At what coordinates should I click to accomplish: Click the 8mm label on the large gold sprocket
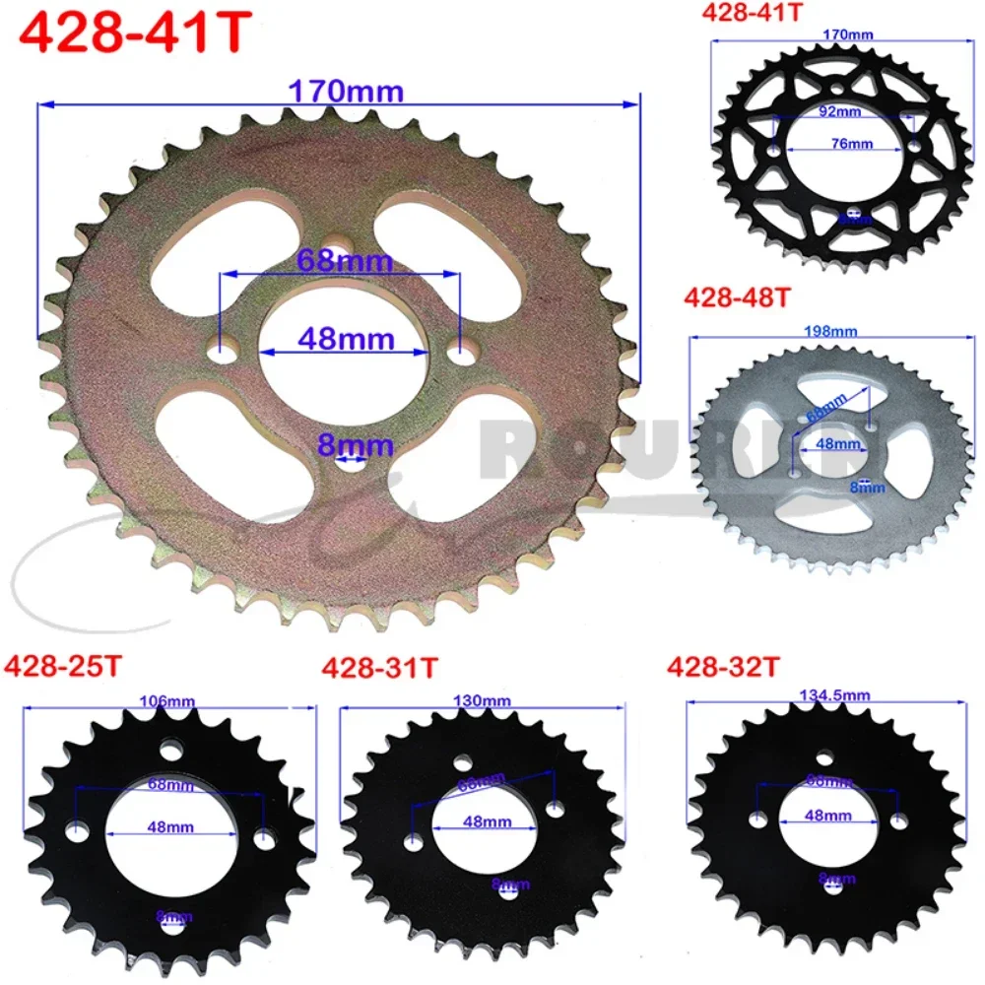341,445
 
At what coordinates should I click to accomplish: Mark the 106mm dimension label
167,701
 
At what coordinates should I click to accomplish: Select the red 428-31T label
379,668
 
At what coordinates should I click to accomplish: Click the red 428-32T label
723,667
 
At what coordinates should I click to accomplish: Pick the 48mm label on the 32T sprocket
827,816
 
